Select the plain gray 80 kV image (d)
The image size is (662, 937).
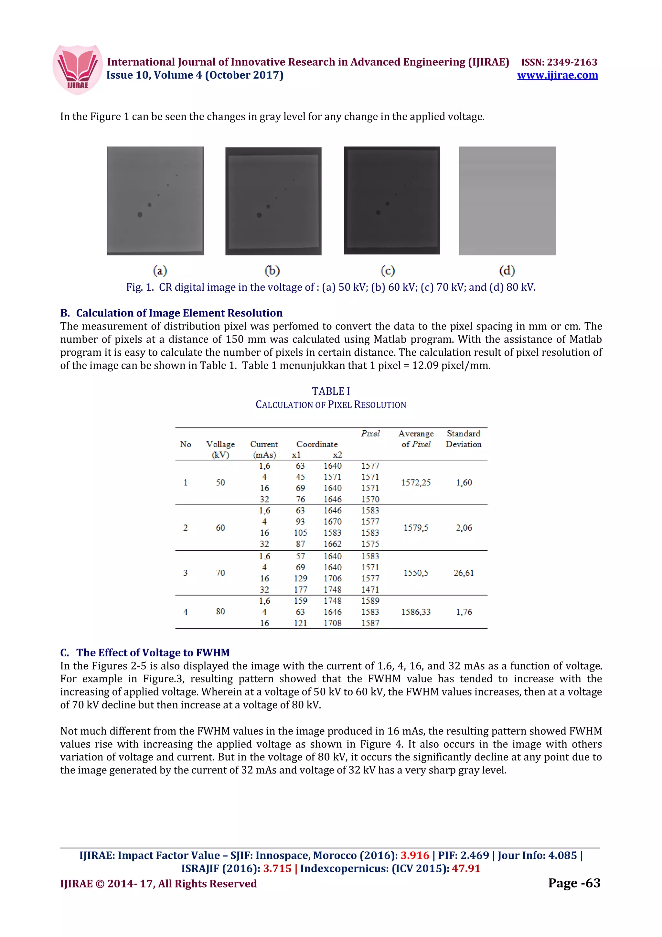pos(507,201)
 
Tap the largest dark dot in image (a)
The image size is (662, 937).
pos(140,215)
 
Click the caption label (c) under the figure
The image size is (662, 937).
pos(388,271)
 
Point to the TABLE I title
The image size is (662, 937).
pos(331,391)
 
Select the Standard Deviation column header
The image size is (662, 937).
pos(463,439)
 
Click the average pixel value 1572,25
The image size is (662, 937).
pos(416,483)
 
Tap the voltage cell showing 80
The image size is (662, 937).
pos(220,611)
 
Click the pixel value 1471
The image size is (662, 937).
pos(370,590)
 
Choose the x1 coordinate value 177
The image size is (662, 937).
pos(300,590)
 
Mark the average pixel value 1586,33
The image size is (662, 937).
pos(416,612)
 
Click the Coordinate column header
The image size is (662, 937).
pos(317,444)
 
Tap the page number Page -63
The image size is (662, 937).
pos(574,883)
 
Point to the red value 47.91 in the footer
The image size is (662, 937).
pos(466,868)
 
